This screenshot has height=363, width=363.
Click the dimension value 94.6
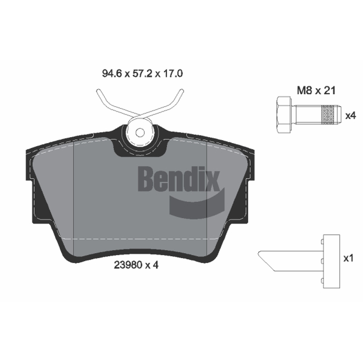112,74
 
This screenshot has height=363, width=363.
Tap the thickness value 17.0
173,74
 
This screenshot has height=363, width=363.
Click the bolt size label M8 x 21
316,90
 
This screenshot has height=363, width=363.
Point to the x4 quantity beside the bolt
350,116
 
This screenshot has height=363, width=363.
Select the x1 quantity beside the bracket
348,258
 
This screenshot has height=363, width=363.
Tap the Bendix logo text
179,178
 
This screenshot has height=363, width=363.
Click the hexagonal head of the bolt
284,115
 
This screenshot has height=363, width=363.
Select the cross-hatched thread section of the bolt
328,115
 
